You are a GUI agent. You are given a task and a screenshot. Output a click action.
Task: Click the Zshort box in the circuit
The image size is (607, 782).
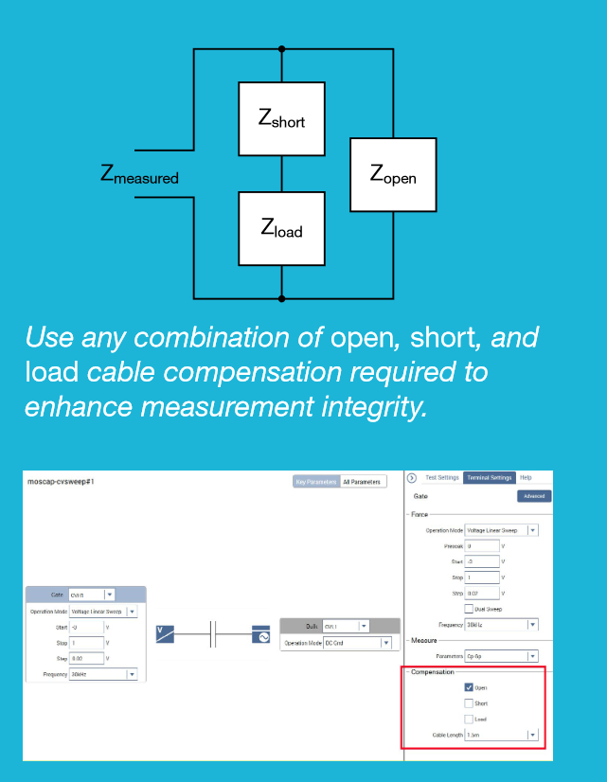[281, 118]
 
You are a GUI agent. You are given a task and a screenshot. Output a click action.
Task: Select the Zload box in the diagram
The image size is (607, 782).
[281, 227]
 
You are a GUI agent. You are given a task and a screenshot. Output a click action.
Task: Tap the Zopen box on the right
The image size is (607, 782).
[393, 174]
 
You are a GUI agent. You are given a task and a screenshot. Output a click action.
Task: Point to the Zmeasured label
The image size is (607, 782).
[139, 174]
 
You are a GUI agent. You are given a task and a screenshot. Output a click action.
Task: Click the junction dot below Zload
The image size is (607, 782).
[281, 297]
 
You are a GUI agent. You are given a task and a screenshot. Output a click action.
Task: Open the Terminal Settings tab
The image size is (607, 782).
[489, 478]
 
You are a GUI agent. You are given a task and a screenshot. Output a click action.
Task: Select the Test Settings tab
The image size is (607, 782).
[441, 478]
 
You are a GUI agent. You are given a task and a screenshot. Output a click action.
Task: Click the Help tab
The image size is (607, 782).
[526, 478]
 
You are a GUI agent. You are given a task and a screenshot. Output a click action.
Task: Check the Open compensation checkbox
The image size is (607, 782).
[469, 688]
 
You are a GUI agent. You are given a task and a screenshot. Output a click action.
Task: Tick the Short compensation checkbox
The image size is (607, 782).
[469, 703]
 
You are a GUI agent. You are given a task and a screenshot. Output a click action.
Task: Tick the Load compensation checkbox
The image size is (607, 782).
[469, 720]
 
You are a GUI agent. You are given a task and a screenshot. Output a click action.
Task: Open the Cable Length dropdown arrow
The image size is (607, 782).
[532, 735]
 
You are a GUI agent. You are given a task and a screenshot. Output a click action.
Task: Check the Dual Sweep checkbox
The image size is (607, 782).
[469, 609]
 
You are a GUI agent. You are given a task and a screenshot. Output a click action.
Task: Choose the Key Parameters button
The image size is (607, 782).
[316, 482]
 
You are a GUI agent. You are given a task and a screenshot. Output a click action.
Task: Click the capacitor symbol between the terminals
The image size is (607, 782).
[213, 635]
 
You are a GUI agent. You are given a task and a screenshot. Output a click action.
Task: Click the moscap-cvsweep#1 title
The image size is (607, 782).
[62, 482]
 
